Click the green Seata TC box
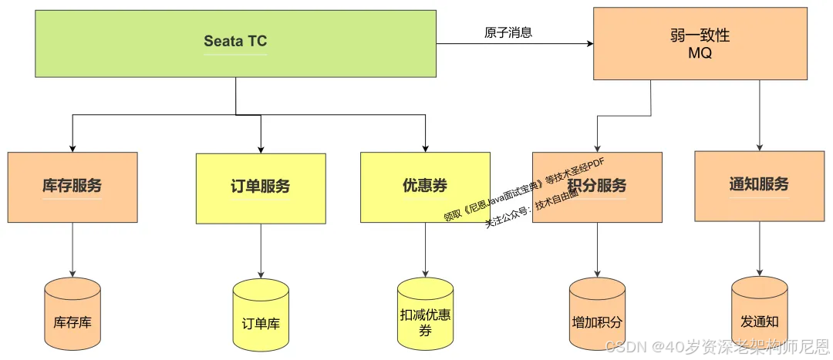click(x=235, y=43)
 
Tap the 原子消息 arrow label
click(x=508, y=33)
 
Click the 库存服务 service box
click(x=73, y=187)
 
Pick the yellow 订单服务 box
click(x=261, y=187)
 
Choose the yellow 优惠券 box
click(x=425, y=187)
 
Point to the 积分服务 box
click(x=597, y=187)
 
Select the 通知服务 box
click(x=759, y=185)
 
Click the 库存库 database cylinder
click(x=73, y=315)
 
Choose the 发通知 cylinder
click(x=760, y=315)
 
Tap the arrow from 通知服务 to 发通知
click(x=760, y=248)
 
